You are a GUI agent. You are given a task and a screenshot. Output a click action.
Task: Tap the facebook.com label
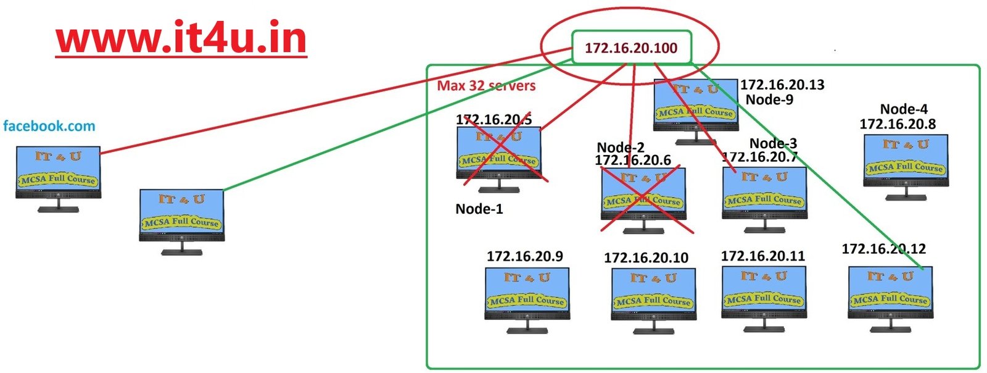(49, 127)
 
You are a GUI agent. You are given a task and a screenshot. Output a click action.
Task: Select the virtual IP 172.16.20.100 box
(630, 48)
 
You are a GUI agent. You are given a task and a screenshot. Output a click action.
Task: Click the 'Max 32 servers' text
(486, 86)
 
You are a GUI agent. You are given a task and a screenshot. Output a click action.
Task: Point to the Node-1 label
(479, 209)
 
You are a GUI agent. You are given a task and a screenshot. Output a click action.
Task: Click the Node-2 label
(621, 148)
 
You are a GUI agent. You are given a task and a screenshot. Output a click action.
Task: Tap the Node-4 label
(904, 109)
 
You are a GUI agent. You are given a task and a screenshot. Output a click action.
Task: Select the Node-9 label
(769, 100)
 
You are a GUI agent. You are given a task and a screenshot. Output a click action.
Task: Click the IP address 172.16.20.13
(782, 85)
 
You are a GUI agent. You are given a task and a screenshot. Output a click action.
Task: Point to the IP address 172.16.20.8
(898, 124)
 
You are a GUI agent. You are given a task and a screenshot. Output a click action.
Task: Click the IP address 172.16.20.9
(524, 256)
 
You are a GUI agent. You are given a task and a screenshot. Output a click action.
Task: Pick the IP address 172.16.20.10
(646, 258)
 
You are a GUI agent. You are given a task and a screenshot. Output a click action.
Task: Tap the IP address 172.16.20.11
(762, 256)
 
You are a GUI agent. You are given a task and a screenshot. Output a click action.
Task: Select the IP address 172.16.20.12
(883, 249)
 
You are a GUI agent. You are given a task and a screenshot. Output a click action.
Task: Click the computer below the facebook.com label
(58, 176)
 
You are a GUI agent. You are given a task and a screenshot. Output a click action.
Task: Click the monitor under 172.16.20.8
(905, 164)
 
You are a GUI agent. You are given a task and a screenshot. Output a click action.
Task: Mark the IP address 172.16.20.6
(632, 161)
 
